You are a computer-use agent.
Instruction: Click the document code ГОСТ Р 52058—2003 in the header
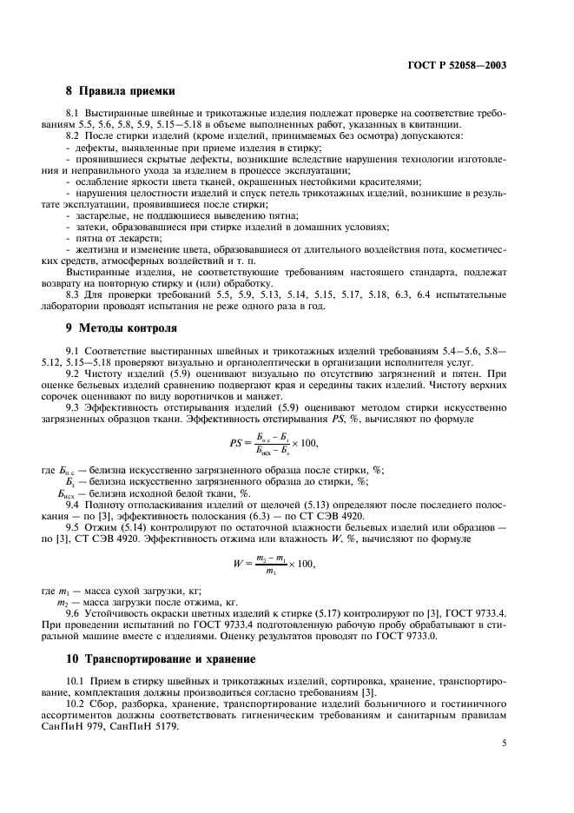point(458,65)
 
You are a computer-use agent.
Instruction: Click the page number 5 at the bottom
point(504,743)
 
